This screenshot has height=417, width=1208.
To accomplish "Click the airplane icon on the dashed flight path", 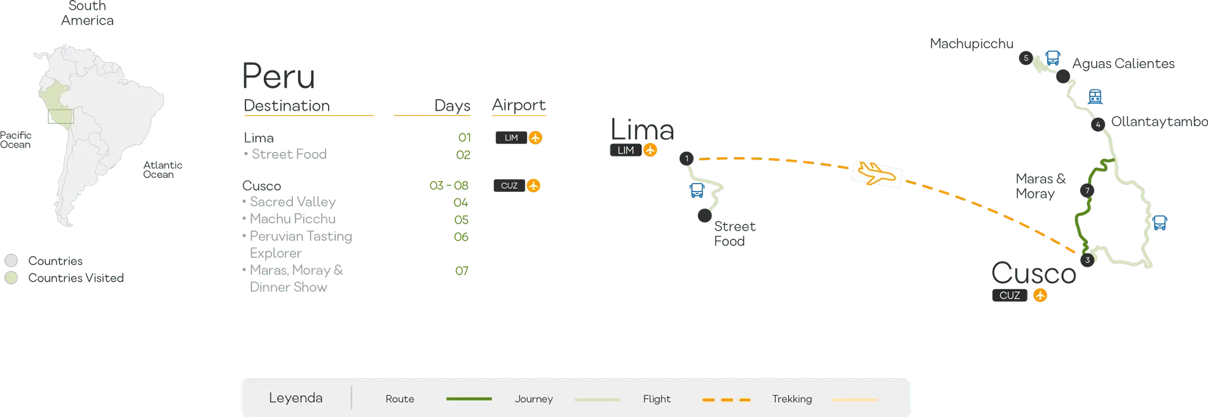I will (877, 174).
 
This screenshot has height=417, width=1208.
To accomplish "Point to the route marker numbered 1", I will (687, 158).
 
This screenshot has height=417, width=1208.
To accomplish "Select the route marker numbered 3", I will (1087, 260).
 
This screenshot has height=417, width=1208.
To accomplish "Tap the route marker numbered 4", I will (1097, 125).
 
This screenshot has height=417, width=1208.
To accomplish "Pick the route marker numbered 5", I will (1026, 58).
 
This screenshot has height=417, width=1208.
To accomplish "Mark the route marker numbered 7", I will (1087, 191).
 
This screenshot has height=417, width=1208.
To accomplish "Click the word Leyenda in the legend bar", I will (296, 398).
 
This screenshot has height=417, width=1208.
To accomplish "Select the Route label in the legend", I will (400, 399).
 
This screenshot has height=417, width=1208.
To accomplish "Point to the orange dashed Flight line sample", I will (726, 399).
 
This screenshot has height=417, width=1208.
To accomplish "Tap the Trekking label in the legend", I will (792, 399).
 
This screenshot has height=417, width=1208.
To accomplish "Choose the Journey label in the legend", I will (533, 399).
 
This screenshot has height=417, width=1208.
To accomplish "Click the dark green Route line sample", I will (469, 399).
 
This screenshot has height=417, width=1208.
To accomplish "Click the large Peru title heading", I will (278, 77).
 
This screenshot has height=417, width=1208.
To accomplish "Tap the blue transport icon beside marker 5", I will (1053, 57).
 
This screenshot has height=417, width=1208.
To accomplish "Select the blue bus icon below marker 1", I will (697, 190).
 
